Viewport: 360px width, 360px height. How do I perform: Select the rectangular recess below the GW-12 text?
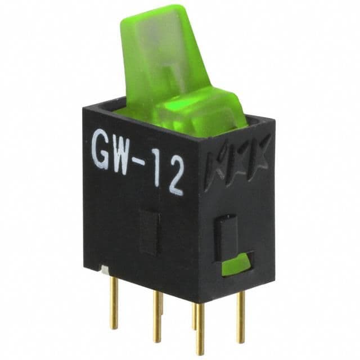(x=150, y=230)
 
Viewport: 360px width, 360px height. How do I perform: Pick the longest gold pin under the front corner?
(x=200, y=329)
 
